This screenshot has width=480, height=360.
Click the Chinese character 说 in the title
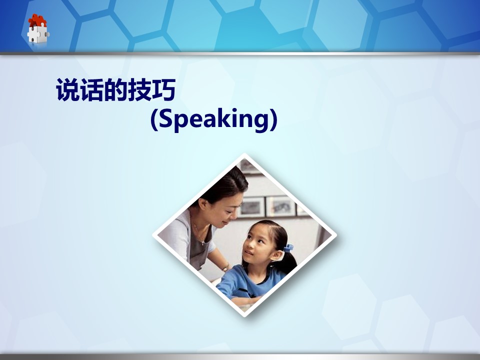coord(67,89)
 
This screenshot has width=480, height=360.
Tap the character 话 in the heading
coord(91,89)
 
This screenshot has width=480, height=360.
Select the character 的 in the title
coord(115,89)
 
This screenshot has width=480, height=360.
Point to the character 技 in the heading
coord(139,89)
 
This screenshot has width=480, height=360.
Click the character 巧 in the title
coord(163,89)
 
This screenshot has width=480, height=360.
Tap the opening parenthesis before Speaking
coord(154,119)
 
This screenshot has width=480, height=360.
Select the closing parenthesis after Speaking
coord(273,119)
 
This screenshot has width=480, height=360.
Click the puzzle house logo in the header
coord(38,28)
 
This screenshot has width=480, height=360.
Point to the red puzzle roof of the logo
coord(37,20)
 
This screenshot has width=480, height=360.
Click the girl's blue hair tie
coord(288,247)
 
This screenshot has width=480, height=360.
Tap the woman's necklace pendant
coord(202,243)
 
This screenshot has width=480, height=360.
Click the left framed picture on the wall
coord(252,206)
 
